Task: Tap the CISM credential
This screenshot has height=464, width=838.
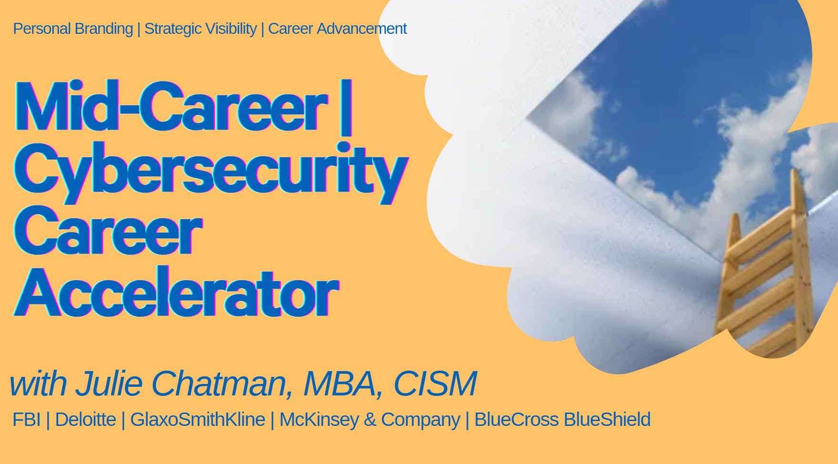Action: [x=435, y=384]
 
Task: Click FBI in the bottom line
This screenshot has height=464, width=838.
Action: [x=27, y=420]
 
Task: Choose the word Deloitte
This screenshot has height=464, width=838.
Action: [x=85, y=420]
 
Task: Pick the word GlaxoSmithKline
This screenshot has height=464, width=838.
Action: [x=197, y=420]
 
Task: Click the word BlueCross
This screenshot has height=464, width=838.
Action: [x=516, y=420]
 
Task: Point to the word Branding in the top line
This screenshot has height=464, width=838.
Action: [x=103, y=29]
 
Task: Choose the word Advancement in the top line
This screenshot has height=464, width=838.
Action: [x=362, y=29]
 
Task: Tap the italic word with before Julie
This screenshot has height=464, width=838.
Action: [x=38, y=384]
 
